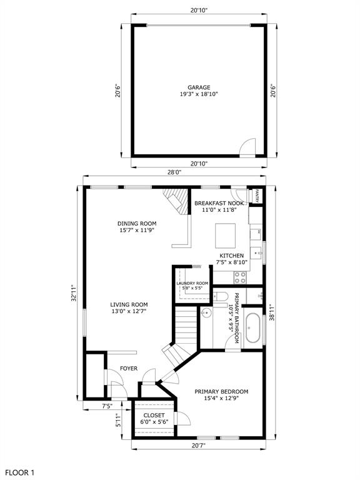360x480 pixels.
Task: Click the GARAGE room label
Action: [199, 87]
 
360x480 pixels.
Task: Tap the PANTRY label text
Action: [257, 196]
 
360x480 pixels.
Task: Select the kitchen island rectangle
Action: [225, 236]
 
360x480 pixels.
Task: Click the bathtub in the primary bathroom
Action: [253, 328]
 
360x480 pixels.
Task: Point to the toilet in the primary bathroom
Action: [221, 296]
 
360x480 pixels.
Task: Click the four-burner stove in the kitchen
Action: [240, 277]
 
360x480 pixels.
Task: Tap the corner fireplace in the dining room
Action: [176, 201]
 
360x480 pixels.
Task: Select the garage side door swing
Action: [247, 147]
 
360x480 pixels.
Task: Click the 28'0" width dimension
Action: [174, 172]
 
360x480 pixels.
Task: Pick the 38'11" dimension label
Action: [272, 312]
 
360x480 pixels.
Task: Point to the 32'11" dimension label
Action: [74, 293]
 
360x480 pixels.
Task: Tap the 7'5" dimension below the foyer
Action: [107, 406]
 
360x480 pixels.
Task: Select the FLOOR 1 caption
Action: [19, 472]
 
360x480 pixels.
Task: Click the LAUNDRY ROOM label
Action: [192, 284]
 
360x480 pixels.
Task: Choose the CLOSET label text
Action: [154, 415]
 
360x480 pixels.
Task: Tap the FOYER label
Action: [129, 368]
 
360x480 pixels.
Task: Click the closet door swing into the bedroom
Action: [183, 419]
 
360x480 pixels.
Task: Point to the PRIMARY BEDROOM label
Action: [221, 391]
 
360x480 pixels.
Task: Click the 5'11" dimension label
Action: [119, 421]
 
